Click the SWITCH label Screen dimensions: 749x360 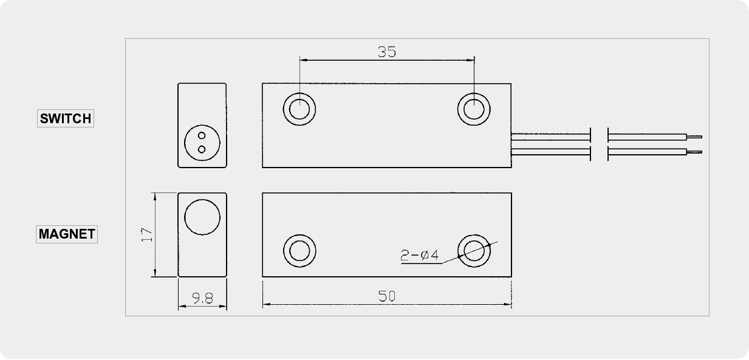(x=66, y=118)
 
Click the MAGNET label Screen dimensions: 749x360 (x=67, y=234)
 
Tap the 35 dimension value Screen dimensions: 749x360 (x=387, y=52)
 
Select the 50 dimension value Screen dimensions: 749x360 (x=387, y=296)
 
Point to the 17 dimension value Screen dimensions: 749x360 (x=147, y=235)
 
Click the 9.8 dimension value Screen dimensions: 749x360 (x=203, y=298)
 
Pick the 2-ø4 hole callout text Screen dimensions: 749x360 (x=419, y=256)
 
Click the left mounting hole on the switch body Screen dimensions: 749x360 (x=299, y=109)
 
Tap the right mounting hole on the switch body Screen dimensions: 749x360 (x=474, y=109)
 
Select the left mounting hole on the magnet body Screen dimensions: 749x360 (x=299, y=251)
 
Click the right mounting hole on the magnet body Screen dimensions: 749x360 (x=474, y=251)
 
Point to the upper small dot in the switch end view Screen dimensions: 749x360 (x=202, y=135)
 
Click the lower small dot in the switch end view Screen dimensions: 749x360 (x=202, y=149)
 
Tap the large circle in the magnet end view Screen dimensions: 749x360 (x=202, y=217)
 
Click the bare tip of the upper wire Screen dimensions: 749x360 (x=694, y=137)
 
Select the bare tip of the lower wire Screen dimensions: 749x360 (x=694, y=152)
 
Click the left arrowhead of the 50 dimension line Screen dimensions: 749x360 (x=267, y=305)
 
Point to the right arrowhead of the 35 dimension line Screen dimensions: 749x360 (x=470, y=60)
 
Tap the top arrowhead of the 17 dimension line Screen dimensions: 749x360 (x=155, y=197)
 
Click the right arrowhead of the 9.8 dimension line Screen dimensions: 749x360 (x=223, y=306)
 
